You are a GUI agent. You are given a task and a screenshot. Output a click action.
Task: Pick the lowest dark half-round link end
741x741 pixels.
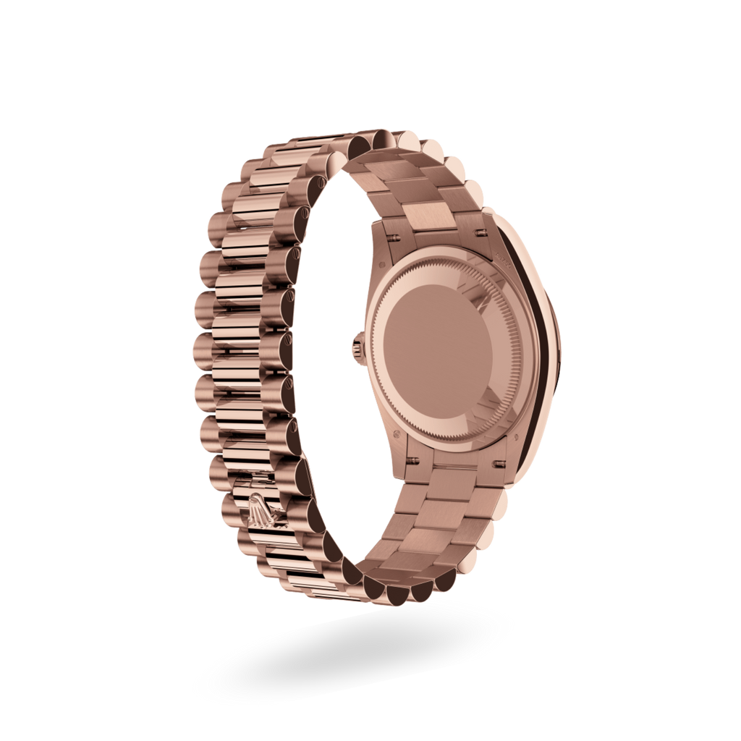398,594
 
